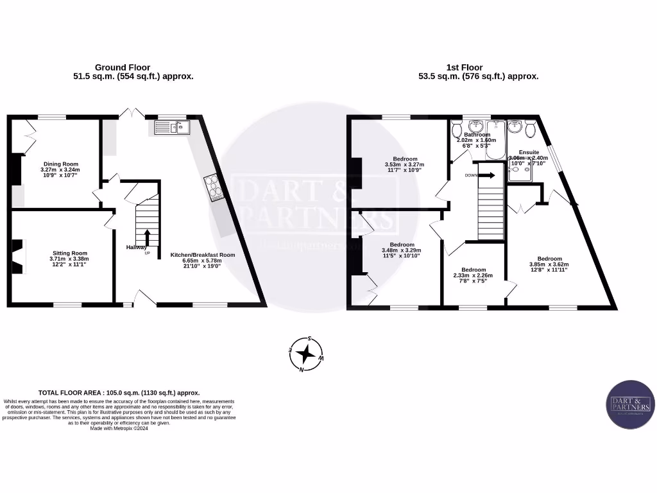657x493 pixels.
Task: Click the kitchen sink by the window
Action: click(169, 127)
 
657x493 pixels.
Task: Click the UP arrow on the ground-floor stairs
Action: click(147, 237)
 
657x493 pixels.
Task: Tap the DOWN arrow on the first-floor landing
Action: click(487, 175)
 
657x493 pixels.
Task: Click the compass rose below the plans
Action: click(307, 354)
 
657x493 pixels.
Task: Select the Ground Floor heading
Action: click(123, 67)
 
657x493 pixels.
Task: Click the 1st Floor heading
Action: click(465, 67)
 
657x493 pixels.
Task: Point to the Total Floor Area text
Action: click(119, 392)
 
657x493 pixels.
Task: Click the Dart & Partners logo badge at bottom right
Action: click(629, 405)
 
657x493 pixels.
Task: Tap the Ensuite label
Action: click(529, 152)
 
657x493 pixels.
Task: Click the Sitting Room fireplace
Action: click(18, 257)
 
